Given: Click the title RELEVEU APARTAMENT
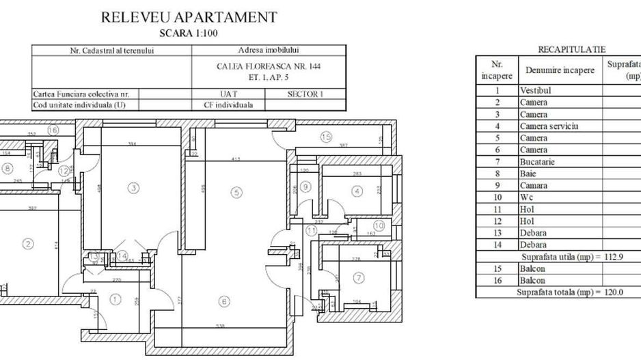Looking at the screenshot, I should (x=189, y=18).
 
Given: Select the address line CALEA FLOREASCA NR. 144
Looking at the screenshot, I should (x=268, y=66).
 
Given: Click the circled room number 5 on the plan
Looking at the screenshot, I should (x=236, y=193).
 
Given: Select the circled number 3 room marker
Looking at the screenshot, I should (x=135, y=187).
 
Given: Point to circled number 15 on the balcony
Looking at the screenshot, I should (x=325, y=137).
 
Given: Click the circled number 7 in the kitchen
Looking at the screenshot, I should (x=359, y=277).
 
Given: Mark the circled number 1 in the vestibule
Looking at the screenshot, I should (x=115, y=299).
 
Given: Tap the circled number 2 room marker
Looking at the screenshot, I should (x=28, y=243).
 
